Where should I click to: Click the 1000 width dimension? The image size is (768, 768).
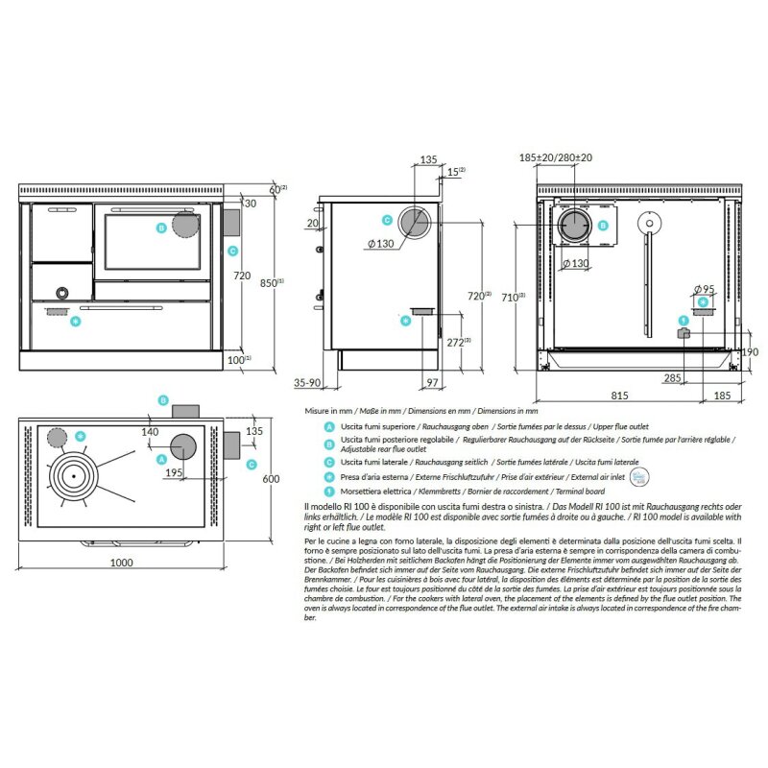122,562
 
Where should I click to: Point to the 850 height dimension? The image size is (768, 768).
273,282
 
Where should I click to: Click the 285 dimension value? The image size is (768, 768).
673,378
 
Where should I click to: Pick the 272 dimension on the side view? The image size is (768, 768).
459,342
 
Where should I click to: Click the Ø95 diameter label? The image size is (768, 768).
704,289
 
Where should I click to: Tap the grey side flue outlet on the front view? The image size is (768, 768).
230,224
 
